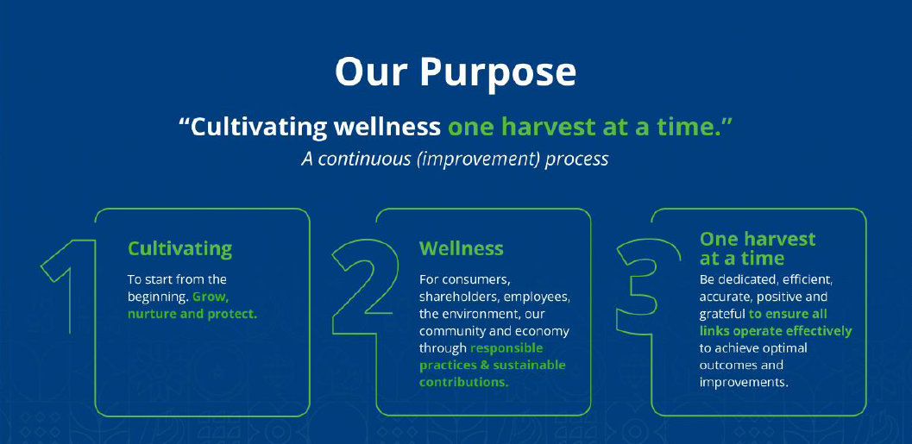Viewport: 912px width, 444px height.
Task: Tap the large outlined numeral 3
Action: coord(647,286)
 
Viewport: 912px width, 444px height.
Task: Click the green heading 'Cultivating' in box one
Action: coord(179,249)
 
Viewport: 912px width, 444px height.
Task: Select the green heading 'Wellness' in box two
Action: coord(462,249)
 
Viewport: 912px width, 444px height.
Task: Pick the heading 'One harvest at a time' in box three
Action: coord(758,248)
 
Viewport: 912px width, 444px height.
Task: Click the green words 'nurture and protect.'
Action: coord(192,315)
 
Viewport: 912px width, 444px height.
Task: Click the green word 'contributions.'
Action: coord(464,383)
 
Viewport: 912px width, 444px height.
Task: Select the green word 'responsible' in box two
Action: coord(506,348)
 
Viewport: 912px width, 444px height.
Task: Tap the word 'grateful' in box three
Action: coord(722,315)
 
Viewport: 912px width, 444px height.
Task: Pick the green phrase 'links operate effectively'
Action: coord(776,332)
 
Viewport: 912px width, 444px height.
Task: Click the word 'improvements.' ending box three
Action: coord(744,383)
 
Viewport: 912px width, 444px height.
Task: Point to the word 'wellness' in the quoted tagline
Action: coord(387,128)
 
